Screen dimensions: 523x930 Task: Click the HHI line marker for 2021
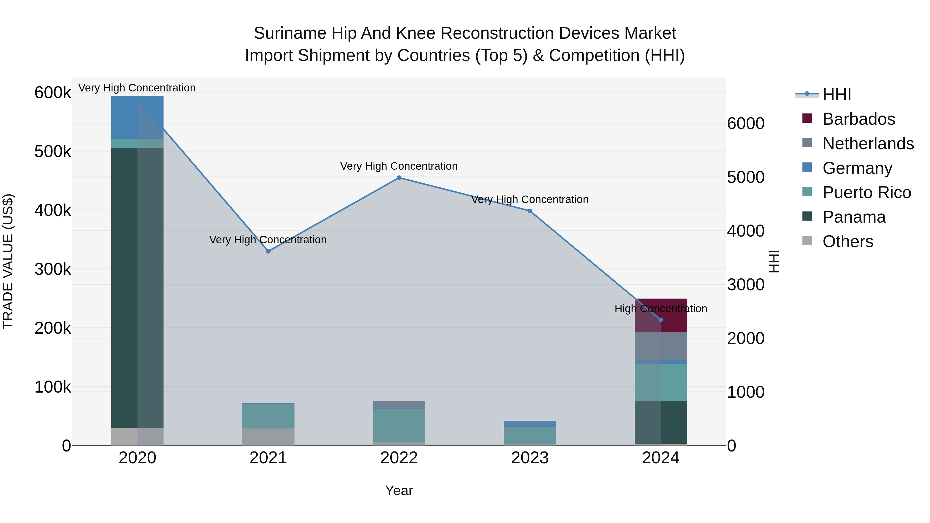tap(268, 251)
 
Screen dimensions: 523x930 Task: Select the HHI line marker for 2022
tap(399, 178)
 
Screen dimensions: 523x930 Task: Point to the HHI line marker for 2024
tap(661, 320)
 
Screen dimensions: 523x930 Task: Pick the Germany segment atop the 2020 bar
tap(137, 117)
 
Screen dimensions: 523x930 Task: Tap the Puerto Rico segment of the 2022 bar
tap(399, 425)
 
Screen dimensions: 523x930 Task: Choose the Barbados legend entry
tap(858, 119)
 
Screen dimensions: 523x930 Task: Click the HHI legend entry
tap(836, 95)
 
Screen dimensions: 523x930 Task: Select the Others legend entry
tap(847, 241)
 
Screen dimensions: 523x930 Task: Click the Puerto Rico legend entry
tap(866, 192)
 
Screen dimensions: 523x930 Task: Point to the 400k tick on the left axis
tap(53, 210)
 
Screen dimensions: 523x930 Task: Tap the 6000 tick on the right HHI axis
tap(746, 123)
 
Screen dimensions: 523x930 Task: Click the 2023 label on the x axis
tap(530, 458)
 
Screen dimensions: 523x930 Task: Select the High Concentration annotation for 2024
tap(661, 309)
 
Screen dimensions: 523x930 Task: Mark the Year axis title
tap(399, 490)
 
